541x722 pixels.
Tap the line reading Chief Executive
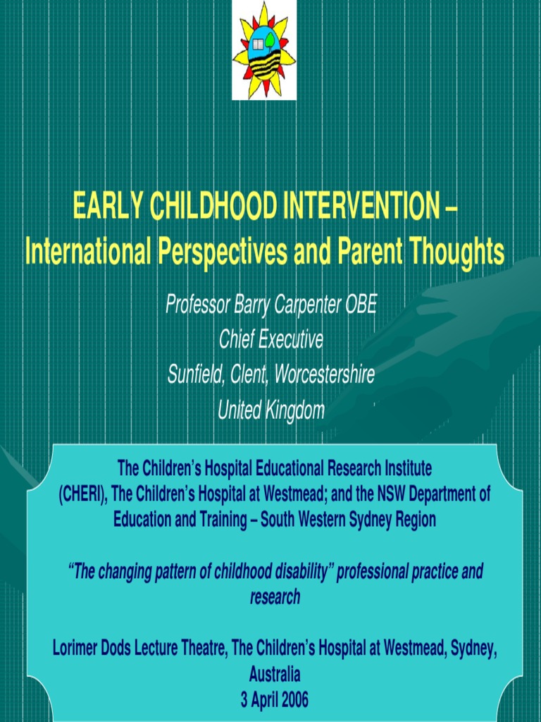tap(270, 340)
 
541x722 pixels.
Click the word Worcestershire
tap(324, 374)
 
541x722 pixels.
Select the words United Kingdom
tap(270, 410)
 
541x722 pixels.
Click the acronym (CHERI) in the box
tap(82, 494)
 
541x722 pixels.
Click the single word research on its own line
tap(275, 597)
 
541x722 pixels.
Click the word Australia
tap(275, 675)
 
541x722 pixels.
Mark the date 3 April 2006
tap(275, 700)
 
